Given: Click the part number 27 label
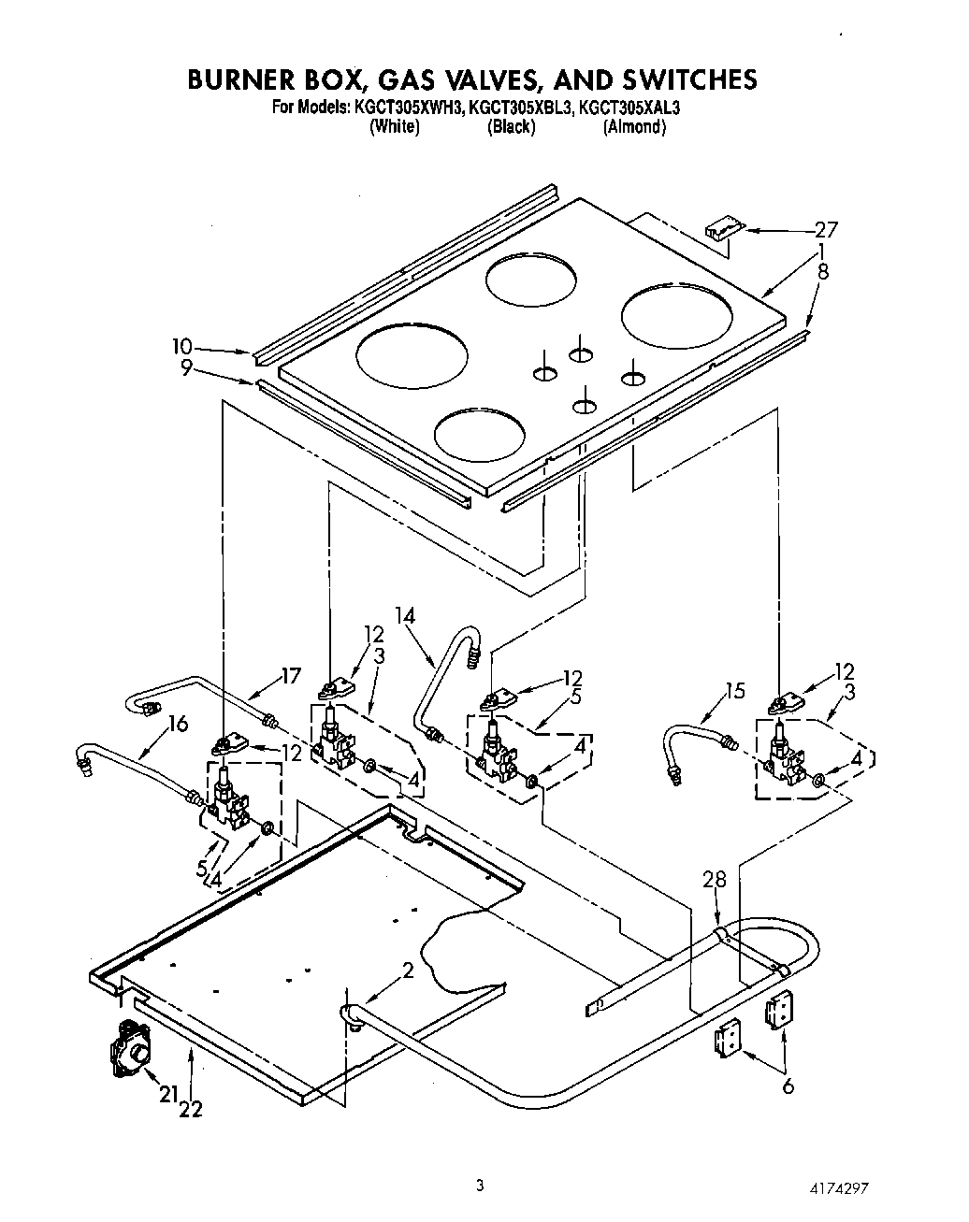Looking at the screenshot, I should pos(826,229).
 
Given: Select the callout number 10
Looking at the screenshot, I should pos(181,347).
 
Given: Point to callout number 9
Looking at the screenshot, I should pos(186,368).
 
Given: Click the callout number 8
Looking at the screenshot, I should pos(823,273).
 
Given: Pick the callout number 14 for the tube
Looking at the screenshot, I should pos(404,615).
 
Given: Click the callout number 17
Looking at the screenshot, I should pos(293,675).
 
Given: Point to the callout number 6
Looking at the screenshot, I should pos(788,1086).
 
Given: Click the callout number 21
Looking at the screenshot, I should pos(169,1095).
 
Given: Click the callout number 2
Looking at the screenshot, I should pos(408,970).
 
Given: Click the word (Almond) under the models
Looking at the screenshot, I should pos(634,127).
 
